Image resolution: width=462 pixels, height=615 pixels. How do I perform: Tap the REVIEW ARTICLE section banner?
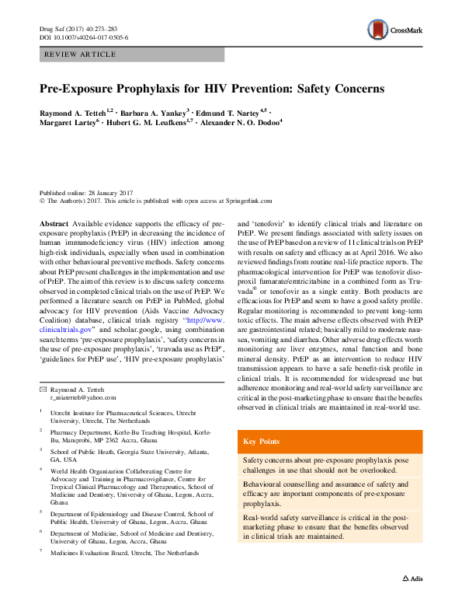pyautogui.click(x=81, y=54)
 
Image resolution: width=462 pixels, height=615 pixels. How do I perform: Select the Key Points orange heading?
pyautogui.click(x=262, y=441)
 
